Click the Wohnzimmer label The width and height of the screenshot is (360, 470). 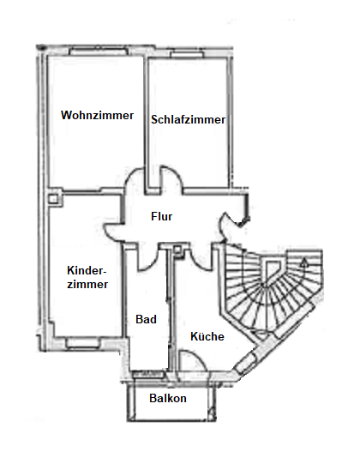pos(98,115)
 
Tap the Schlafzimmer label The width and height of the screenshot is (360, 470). pos(188,119)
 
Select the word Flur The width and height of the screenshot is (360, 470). pos(162,216)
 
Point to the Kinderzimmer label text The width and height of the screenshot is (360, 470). pos(87,277)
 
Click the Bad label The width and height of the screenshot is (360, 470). pos(147,319)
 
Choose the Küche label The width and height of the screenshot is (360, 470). pos(207,336)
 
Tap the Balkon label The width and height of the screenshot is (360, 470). pos(168,398)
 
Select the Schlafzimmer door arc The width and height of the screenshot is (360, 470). pos(171,177)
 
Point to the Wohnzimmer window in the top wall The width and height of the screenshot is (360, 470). pos(99,51)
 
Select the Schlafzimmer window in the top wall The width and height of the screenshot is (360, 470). pos(187,55)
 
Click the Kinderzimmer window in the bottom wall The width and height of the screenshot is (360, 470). pos(82,343)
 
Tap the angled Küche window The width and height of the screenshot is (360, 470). pos(246,364)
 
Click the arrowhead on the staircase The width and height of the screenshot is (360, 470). pos(304,263)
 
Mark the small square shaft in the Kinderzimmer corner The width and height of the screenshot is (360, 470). pos(54,199)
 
